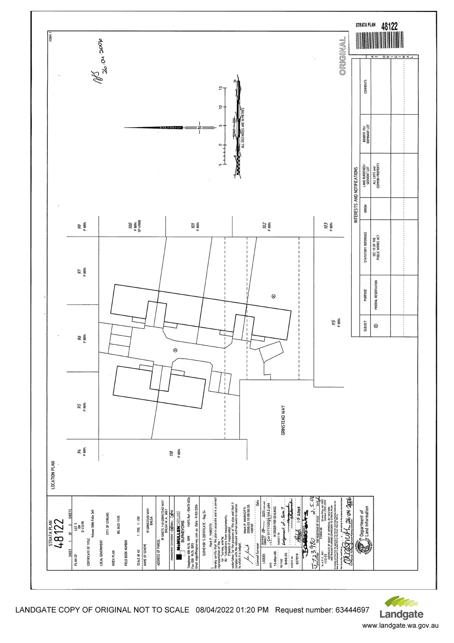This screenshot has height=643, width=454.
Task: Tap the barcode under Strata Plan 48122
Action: tap(376, 41)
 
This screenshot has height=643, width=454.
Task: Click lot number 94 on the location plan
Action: tap(79, 452)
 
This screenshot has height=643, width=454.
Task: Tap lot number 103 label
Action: tap(325, 225)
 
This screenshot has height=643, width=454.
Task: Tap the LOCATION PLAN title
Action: tap(52, 475)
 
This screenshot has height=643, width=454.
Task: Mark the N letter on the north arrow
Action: tap(199, 127)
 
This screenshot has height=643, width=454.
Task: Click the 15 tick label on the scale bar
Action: tap(220, 89)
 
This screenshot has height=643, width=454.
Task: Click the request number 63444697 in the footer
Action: tap(352, 610)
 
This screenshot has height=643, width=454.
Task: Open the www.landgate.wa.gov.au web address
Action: tap(400, 625)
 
